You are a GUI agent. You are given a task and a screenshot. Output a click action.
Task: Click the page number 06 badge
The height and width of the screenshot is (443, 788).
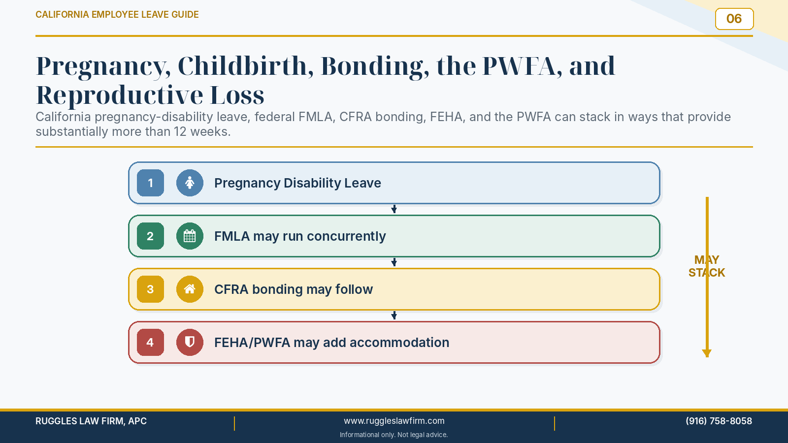(x=734, y=19)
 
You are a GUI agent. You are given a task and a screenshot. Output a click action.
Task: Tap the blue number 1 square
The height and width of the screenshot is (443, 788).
(x=150, y=183)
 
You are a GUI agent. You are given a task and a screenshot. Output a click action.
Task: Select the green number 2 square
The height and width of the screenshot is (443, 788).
(x=150, y=236)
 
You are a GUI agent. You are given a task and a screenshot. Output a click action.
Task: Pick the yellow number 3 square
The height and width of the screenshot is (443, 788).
(x=150, y=289)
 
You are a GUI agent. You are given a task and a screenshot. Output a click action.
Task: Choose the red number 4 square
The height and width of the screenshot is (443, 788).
(x=150, y=342)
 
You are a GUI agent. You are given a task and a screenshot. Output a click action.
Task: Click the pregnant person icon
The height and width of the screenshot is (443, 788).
(x=190, y=183)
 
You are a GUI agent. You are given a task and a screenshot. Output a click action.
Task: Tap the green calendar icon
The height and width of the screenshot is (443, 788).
(x=190, y=236)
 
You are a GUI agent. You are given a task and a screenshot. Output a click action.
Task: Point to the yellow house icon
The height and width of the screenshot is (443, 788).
(x=190, y=289)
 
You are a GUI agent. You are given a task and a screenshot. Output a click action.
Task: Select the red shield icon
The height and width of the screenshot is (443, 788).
(x=190, y=342)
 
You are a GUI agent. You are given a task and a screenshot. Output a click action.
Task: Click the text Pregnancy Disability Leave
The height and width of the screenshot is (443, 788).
(x=297, y=183)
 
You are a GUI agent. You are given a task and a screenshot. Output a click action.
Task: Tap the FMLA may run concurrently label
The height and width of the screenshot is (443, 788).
(x=300, y=236)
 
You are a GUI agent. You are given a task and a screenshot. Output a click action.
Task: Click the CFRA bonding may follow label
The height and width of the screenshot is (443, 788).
(x=294, y=289)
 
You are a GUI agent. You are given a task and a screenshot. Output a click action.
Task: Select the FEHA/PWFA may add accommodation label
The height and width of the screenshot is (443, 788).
(x=332, y=343)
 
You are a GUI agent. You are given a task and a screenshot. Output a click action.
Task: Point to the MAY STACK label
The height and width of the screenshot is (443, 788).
(x=707, y=266)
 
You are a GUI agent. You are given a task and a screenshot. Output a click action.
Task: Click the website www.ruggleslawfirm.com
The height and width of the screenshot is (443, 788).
(x=394, y=421)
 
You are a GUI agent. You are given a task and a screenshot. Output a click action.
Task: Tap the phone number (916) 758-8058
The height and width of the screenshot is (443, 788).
(x=719, y=421)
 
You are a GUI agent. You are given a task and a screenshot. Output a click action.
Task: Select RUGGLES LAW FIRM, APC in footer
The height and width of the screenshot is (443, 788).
(x=91, y=421)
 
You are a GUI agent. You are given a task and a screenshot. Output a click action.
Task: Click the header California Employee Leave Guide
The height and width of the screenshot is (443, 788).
(x=117, y=14)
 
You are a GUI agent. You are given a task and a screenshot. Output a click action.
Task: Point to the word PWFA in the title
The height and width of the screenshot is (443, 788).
(x=522, y=66)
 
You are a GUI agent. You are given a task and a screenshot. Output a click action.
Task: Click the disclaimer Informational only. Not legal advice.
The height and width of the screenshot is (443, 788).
(x=394, y=435)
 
